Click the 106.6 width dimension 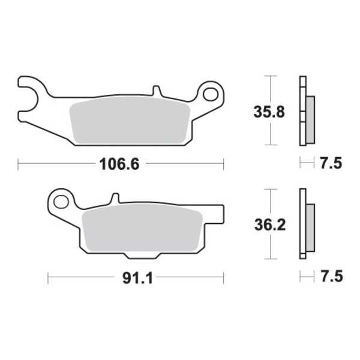pyautogui.click(x=119, y=164)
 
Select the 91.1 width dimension pyautogui.click(x=137, y=278)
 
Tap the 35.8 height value pyautogui.click(x=269, y=112)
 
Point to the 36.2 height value pyautogui.click(x=270, y=225)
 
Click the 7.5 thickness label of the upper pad pyautogui.click(x=331, y=163)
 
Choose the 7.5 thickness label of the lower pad pyautogui.click(x=332, y=276)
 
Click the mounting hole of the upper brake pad pyautogui.click(x=211, y=94)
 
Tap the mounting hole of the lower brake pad pyautogui.click(x=61, y=202)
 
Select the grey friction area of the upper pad pyautogui.click(x=130, y=121)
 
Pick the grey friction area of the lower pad pyautogui.click(x=142, y=228)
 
